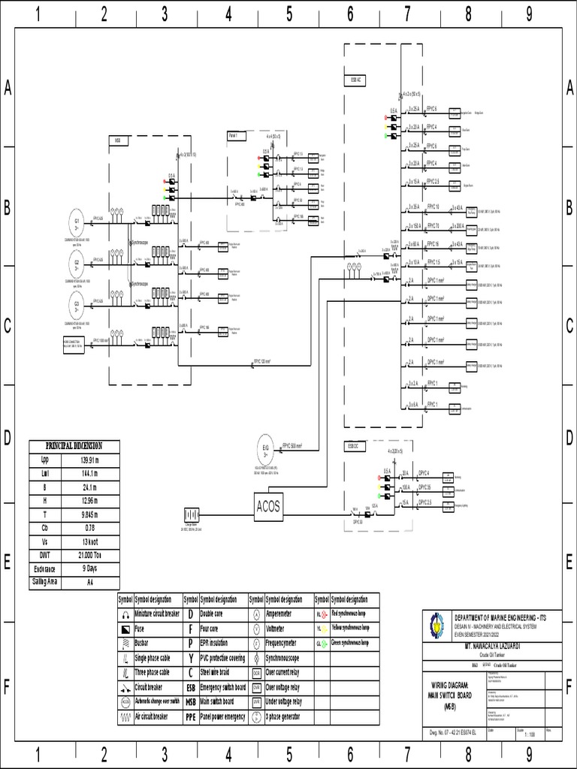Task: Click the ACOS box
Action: pyautogui.click(x=268, y=506)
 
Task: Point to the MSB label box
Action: pyautogui.click(x=118, y=140)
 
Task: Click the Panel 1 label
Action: pyautogui.click(x=233, y=135)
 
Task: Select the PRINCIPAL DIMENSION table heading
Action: pyautogui.click(x=74, y=445)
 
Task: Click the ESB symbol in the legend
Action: pyautogui.click(x=191, y=686)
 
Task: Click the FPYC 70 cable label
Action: pyautogui.click(x=433, y=225)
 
